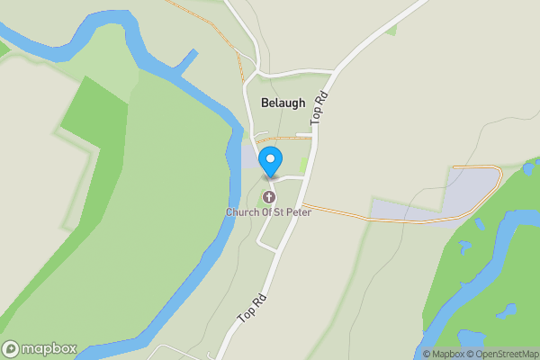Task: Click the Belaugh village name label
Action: (283, 103)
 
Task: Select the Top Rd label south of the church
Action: (252, 306)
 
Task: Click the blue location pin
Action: (271, 161)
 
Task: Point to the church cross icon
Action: (269, 197)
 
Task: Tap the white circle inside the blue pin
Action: (271, 158)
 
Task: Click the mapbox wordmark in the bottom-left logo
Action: (50, 348)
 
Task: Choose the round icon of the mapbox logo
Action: (11, 348)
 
